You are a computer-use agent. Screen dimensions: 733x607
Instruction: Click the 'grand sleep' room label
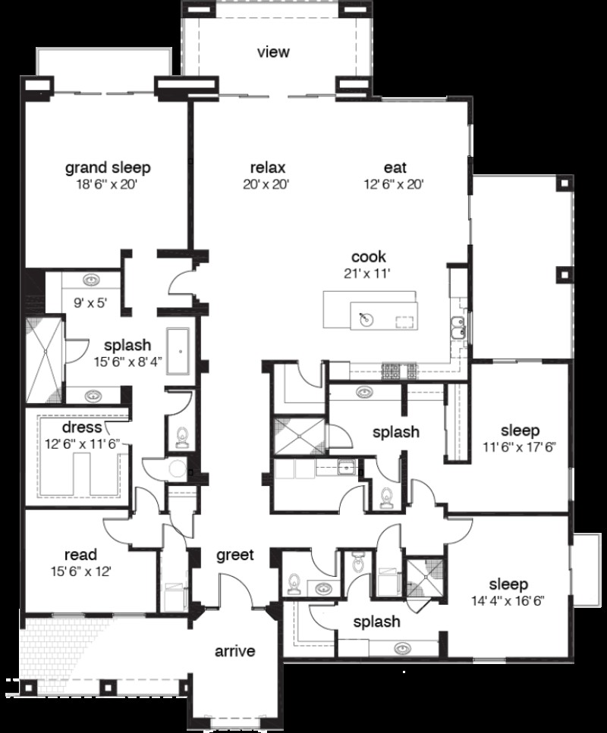coord(107,167)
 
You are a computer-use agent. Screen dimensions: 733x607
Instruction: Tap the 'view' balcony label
coord(273,52)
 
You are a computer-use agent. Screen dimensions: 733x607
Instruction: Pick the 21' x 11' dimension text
coord(368,274)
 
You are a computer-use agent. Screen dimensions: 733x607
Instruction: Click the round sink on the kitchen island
coord(366,318)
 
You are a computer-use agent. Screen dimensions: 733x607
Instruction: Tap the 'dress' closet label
coord(83,428)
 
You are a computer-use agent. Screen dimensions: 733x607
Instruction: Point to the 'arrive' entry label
coord(234,651)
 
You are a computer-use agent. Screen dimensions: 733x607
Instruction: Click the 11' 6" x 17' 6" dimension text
coord(520,446)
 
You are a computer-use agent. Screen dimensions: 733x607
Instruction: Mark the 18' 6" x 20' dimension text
coord(107,184)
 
